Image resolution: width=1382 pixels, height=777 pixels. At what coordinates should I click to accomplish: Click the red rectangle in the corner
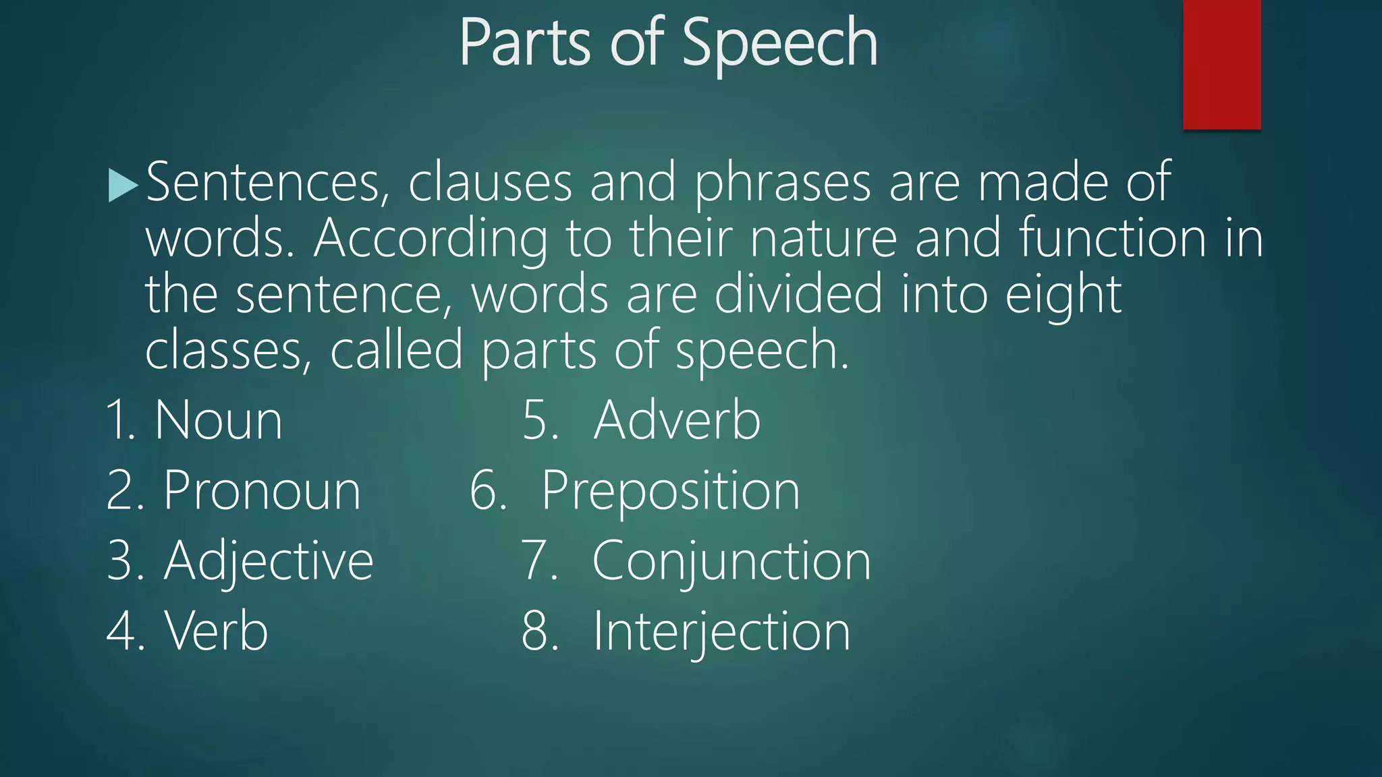pos(1221,64)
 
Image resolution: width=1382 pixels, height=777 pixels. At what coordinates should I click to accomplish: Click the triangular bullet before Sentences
pos(123,185)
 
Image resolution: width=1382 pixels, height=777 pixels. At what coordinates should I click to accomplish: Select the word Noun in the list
pos(219,421)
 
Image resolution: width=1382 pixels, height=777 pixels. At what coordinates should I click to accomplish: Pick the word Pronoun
pos(262,491)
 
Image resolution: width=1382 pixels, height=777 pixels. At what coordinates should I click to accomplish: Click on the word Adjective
pos(269,561)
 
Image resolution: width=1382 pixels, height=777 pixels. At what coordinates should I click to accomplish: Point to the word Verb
pos(217,631)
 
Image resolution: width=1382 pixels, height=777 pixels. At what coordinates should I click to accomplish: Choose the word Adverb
pos(677,421)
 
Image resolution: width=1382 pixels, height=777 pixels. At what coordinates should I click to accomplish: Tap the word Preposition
pos(671,491)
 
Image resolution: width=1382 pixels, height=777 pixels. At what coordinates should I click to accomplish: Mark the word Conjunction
pos(731,561)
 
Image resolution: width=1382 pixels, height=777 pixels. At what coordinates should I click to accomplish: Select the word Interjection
pos(721,631)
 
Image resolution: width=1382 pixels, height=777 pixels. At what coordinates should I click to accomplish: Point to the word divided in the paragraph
pos(798,294)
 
